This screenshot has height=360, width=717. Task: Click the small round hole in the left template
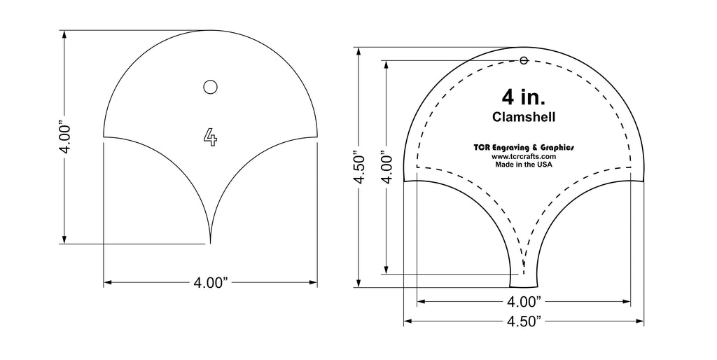(209, 87)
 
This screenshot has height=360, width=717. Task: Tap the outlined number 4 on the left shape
(210, 137)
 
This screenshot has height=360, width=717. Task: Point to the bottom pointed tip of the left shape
(210, 242)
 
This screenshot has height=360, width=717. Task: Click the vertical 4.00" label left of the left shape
(65, 137)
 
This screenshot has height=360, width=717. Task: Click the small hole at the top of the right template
(524, 61)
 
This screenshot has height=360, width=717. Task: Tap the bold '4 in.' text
(524, 96)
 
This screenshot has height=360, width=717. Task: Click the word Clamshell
(524, 116)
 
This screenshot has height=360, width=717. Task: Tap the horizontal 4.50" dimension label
(524, 321)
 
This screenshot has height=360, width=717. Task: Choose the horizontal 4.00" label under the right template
(524, 302)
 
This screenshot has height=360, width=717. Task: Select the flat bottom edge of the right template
(524, 288)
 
